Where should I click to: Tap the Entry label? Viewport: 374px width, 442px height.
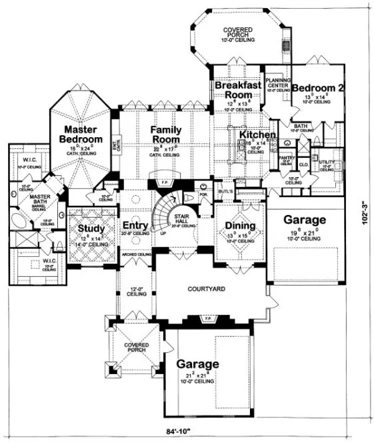(135, 226)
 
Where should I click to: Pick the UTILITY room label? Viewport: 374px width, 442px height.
(326, 163)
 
